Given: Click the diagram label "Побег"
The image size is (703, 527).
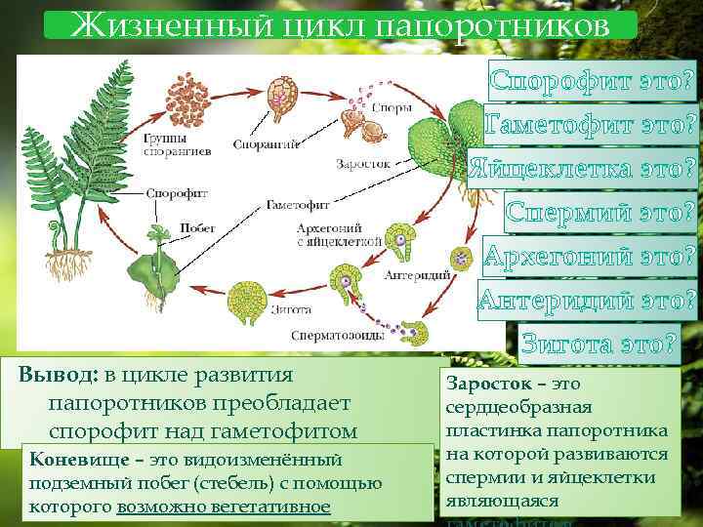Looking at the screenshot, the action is coord(190,227).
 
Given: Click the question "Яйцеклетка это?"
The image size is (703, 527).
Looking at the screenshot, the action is coord(582,168).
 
